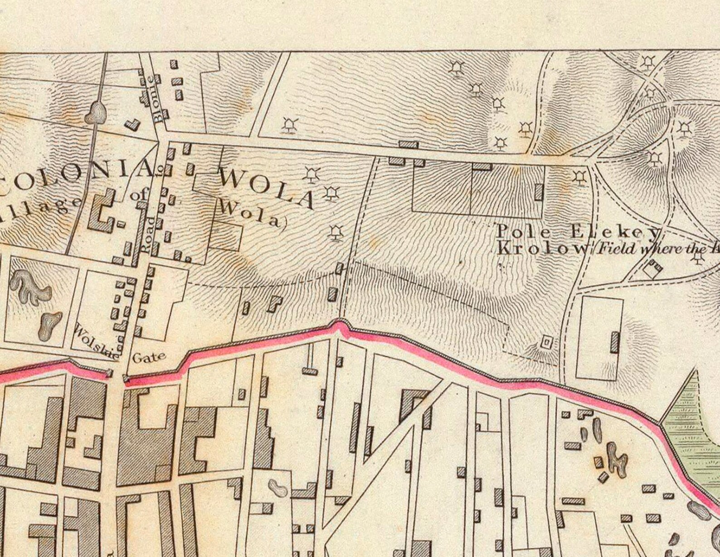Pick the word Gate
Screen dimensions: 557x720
149,358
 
